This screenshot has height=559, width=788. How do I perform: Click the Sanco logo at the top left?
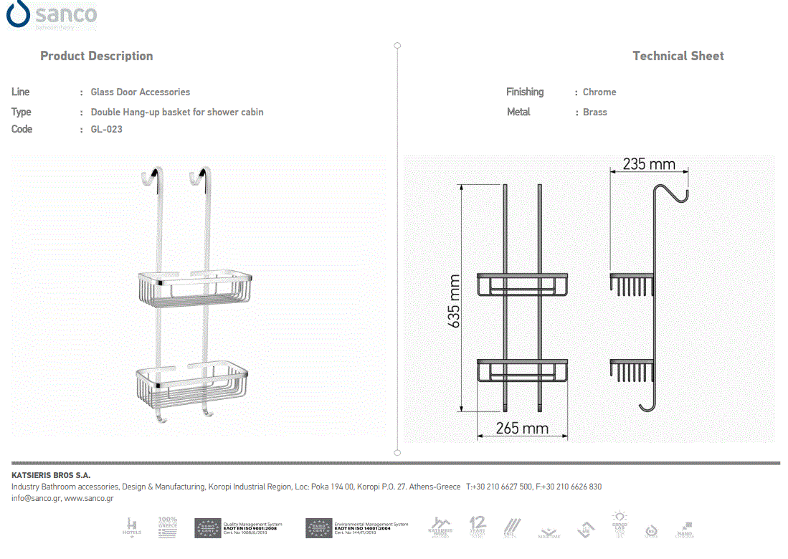click(x=52, y=15)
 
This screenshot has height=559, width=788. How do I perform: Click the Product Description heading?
click(x=96, y=56)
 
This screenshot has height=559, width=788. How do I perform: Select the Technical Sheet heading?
click(x=678, y=56)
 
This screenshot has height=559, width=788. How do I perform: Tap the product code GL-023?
click(x=106, y=129)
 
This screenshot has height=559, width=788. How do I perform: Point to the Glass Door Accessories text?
click(x=140, y=92)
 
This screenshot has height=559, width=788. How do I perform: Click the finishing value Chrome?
click(x=599, y=92)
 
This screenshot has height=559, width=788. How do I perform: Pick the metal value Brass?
click(x=594, y=112)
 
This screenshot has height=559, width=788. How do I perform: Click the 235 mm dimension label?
click(x=648, y=164)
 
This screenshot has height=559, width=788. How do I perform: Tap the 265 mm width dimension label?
click(x=522, y=429)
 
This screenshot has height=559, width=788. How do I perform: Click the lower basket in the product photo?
click(x=191, y=387)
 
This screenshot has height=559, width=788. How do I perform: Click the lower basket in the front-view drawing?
click(x=523, y=371)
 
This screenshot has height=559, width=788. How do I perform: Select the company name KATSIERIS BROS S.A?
click(x=51, y=475)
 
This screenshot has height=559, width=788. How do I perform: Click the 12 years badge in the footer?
click(x=478, y=526)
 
